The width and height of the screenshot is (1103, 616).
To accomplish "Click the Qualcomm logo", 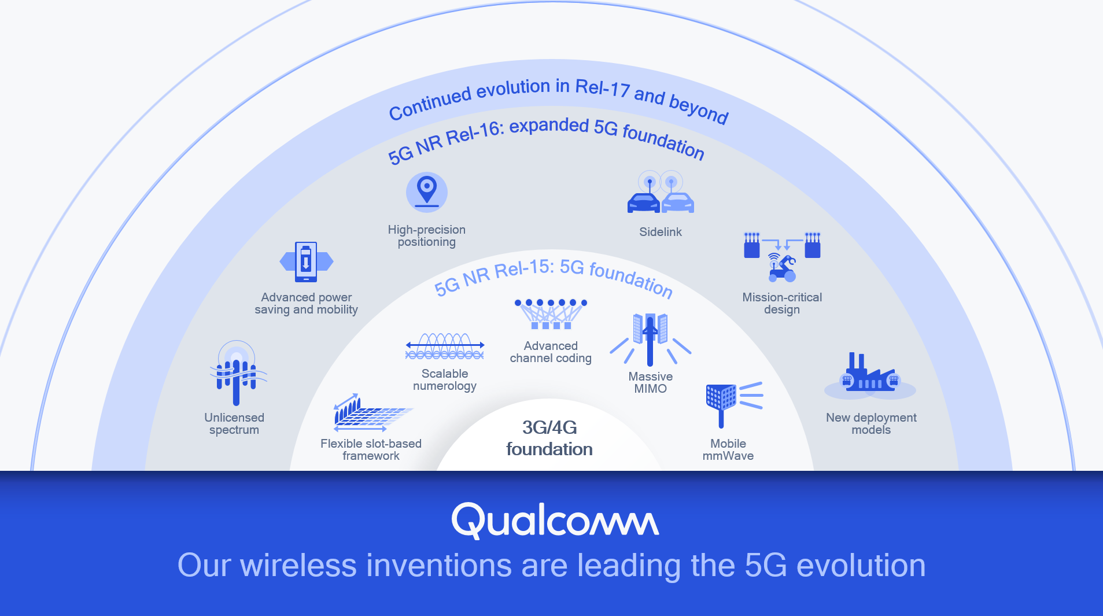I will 555,520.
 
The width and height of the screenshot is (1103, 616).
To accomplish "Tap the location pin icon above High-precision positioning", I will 427,191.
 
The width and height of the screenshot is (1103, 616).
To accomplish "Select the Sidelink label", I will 660,232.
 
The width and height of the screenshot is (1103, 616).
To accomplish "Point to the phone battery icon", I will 306,261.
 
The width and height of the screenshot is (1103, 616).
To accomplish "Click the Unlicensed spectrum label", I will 234,423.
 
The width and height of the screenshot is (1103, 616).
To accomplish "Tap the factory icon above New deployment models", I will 870,374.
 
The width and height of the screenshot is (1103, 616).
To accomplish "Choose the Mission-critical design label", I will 782,303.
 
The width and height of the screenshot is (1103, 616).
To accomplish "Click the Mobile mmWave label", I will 728,449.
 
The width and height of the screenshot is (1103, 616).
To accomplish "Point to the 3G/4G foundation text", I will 549,438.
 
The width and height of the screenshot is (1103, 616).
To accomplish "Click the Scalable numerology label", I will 445,379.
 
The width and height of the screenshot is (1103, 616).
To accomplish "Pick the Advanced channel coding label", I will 551,352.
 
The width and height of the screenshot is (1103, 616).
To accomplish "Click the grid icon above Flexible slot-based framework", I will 370,413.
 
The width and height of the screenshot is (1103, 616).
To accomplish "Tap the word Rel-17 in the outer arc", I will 602,88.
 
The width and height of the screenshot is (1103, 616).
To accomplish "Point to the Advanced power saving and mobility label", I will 306,303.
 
